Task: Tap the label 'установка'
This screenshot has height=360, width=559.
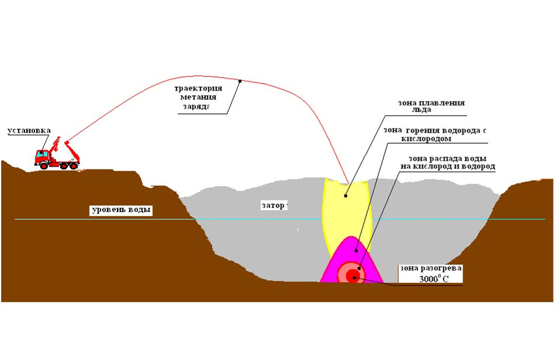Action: (29, 131)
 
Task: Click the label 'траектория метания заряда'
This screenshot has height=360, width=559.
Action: (198, 98)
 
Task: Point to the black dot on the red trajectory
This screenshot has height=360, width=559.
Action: (240, 81)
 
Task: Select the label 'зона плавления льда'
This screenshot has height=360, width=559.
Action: (432, 106)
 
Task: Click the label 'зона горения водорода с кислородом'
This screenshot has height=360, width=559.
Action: (435, 134)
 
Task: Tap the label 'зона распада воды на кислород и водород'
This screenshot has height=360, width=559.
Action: (448, 162)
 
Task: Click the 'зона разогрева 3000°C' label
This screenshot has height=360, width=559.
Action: (431, 274)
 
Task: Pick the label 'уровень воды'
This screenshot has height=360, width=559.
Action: (121, 210)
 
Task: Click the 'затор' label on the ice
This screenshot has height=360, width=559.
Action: (273, 205)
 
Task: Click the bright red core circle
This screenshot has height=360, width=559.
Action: (353, 275)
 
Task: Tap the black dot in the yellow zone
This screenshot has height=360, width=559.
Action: (346, 196)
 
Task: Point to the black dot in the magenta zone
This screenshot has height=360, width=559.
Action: (356, 251)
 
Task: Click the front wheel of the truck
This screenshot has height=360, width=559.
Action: (44, 165)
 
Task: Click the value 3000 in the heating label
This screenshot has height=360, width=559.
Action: (428, 279)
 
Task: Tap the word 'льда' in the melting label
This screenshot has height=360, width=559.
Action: (422, 110)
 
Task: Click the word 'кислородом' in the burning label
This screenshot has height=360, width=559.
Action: (426, 139)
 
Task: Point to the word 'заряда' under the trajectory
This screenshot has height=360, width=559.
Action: (196, 106)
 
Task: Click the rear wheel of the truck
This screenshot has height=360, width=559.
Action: (74, 166)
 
